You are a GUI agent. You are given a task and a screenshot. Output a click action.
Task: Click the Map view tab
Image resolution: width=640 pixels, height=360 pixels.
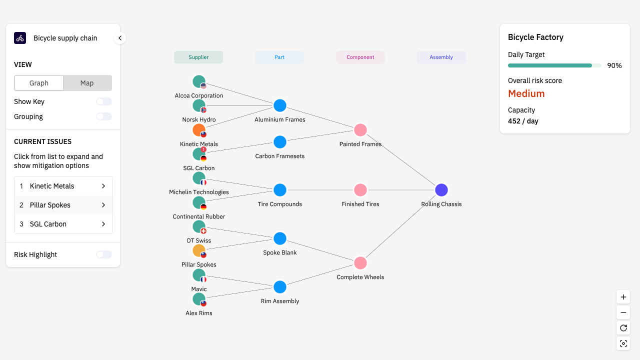coord(87,83)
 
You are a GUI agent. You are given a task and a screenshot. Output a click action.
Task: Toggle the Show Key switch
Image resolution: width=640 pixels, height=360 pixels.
coord(104,101)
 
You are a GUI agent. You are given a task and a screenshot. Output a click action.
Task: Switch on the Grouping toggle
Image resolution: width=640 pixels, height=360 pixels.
coord(104,116)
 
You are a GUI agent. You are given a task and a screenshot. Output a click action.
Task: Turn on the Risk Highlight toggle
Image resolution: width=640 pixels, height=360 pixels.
coord(104,254)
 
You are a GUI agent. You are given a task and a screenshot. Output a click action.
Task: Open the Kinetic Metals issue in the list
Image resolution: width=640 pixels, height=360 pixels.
coord(63,186)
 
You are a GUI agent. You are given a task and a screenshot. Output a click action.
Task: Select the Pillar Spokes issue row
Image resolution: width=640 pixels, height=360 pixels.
coord(63,205)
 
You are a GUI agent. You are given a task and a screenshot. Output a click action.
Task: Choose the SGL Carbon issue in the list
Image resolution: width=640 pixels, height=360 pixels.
coord(63,224)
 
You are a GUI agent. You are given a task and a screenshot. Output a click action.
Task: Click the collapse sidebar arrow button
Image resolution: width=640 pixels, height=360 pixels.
coord(120,38)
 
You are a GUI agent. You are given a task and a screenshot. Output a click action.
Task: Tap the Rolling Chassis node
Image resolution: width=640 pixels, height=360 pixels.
coord(441,190)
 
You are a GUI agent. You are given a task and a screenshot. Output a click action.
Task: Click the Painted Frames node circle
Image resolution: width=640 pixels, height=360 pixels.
coord(360,130)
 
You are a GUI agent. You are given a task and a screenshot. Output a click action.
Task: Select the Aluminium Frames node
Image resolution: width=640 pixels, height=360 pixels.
coord(280,105)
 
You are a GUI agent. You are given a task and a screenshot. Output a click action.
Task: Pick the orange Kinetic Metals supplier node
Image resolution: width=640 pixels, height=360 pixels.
coord(198,130)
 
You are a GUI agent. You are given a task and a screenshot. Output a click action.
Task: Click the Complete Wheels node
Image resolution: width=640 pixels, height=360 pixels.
coord(360,263)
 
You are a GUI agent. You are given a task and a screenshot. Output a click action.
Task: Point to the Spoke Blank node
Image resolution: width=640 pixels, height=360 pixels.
coord(280,238)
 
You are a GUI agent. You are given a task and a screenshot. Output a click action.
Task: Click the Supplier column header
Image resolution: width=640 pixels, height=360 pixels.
coord(198,57)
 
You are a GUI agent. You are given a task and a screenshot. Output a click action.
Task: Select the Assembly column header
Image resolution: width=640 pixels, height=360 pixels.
coord(441,57)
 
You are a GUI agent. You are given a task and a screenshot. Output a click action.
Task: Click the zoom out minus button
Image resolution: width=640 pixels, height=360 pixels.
coord(623,313)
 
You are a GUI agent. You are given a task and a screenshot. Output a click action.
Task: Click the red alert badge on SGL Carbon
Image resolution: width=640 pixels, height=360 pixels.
coord(203,149)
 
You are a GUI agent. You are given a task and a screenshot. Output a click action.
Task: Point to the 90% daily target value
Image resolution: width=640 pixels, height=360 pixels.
coord(614,65)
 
